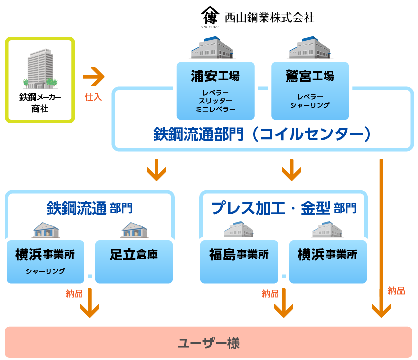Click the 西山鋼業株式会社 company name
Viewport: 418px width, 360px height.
point(269,17)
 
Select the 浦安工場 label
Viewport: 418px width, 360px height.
point(215,76)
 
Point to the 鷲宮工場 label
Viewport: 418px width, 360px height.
point(310,76)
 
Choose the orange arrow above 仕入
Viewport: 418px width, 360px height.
point(94,77)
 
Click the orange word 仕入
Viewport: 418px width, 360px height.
point(93,97)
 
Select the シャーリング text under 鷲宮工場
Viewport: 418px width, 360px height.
point(310,105)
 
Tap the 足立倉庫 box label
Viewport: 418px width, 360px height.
point(134,254)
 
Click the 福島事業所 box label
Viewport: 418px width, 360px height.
point(239,254)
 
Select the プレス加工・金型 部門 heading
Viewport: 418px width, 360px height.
point(283,208)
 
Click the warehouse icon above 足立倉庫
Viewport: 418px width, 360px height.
point(134,229)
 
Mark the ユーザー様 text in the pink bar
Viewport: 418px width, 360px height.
point(208,343)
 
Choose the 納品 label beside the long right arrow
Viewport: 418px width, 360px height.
point(396,291)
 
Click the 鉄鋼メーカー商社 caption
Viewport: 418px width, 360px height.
point(40,102)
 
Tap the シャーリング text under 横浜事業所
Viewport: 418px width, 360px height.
point(45,271)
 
